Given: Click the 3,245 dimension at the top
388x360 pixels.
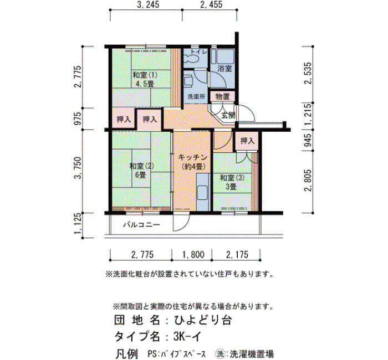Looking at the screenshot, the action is (x=147, y=4).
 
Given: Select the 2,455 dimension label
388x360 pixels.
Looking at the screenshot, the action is (x=211, y=4).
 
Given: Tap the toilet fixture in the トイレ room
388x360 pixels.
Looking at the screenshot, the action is (x=192, y=58).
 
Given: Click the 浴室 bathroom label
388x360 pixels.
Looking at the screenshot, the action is (x=224, y=69).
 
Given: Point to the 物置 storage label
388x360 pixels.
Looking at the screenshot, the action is (x=222, y=96).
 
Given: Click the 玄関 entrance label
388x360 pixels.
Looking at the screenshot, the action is (x=228, y=115).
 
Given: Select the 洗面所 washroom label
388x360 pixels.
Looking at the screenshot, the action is (x=196, y=97).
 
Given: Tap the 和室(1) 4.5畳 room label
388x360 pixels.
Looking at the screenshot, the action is (x=145, y=79).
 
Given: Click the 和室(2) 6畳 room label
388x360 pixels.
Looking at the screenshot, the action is (x=141, y=171).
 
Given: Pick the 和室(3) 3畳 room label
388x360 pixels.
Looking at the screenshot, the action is (x=232, y=182).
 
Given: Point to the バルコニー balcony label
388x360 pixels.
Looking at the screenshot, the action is (x=142, y=225).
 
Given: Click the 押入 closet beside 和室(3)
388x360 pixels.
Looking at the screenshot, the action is (x=247, y=141).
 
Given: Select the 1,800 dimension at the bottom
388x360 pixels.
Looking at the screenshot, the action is (x=193, y=254).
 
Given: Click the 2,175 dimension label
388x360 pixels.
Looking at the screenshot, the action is (x=237, y=254).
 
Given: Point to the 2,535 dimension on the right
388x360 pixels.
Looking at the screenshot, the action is (x=309, y=73).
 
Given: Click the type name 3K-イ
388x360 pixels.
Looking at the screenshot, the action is (x=187, y=336).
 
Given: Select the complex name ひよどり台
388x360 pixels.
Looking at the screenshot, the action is (x=203, y=320).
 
